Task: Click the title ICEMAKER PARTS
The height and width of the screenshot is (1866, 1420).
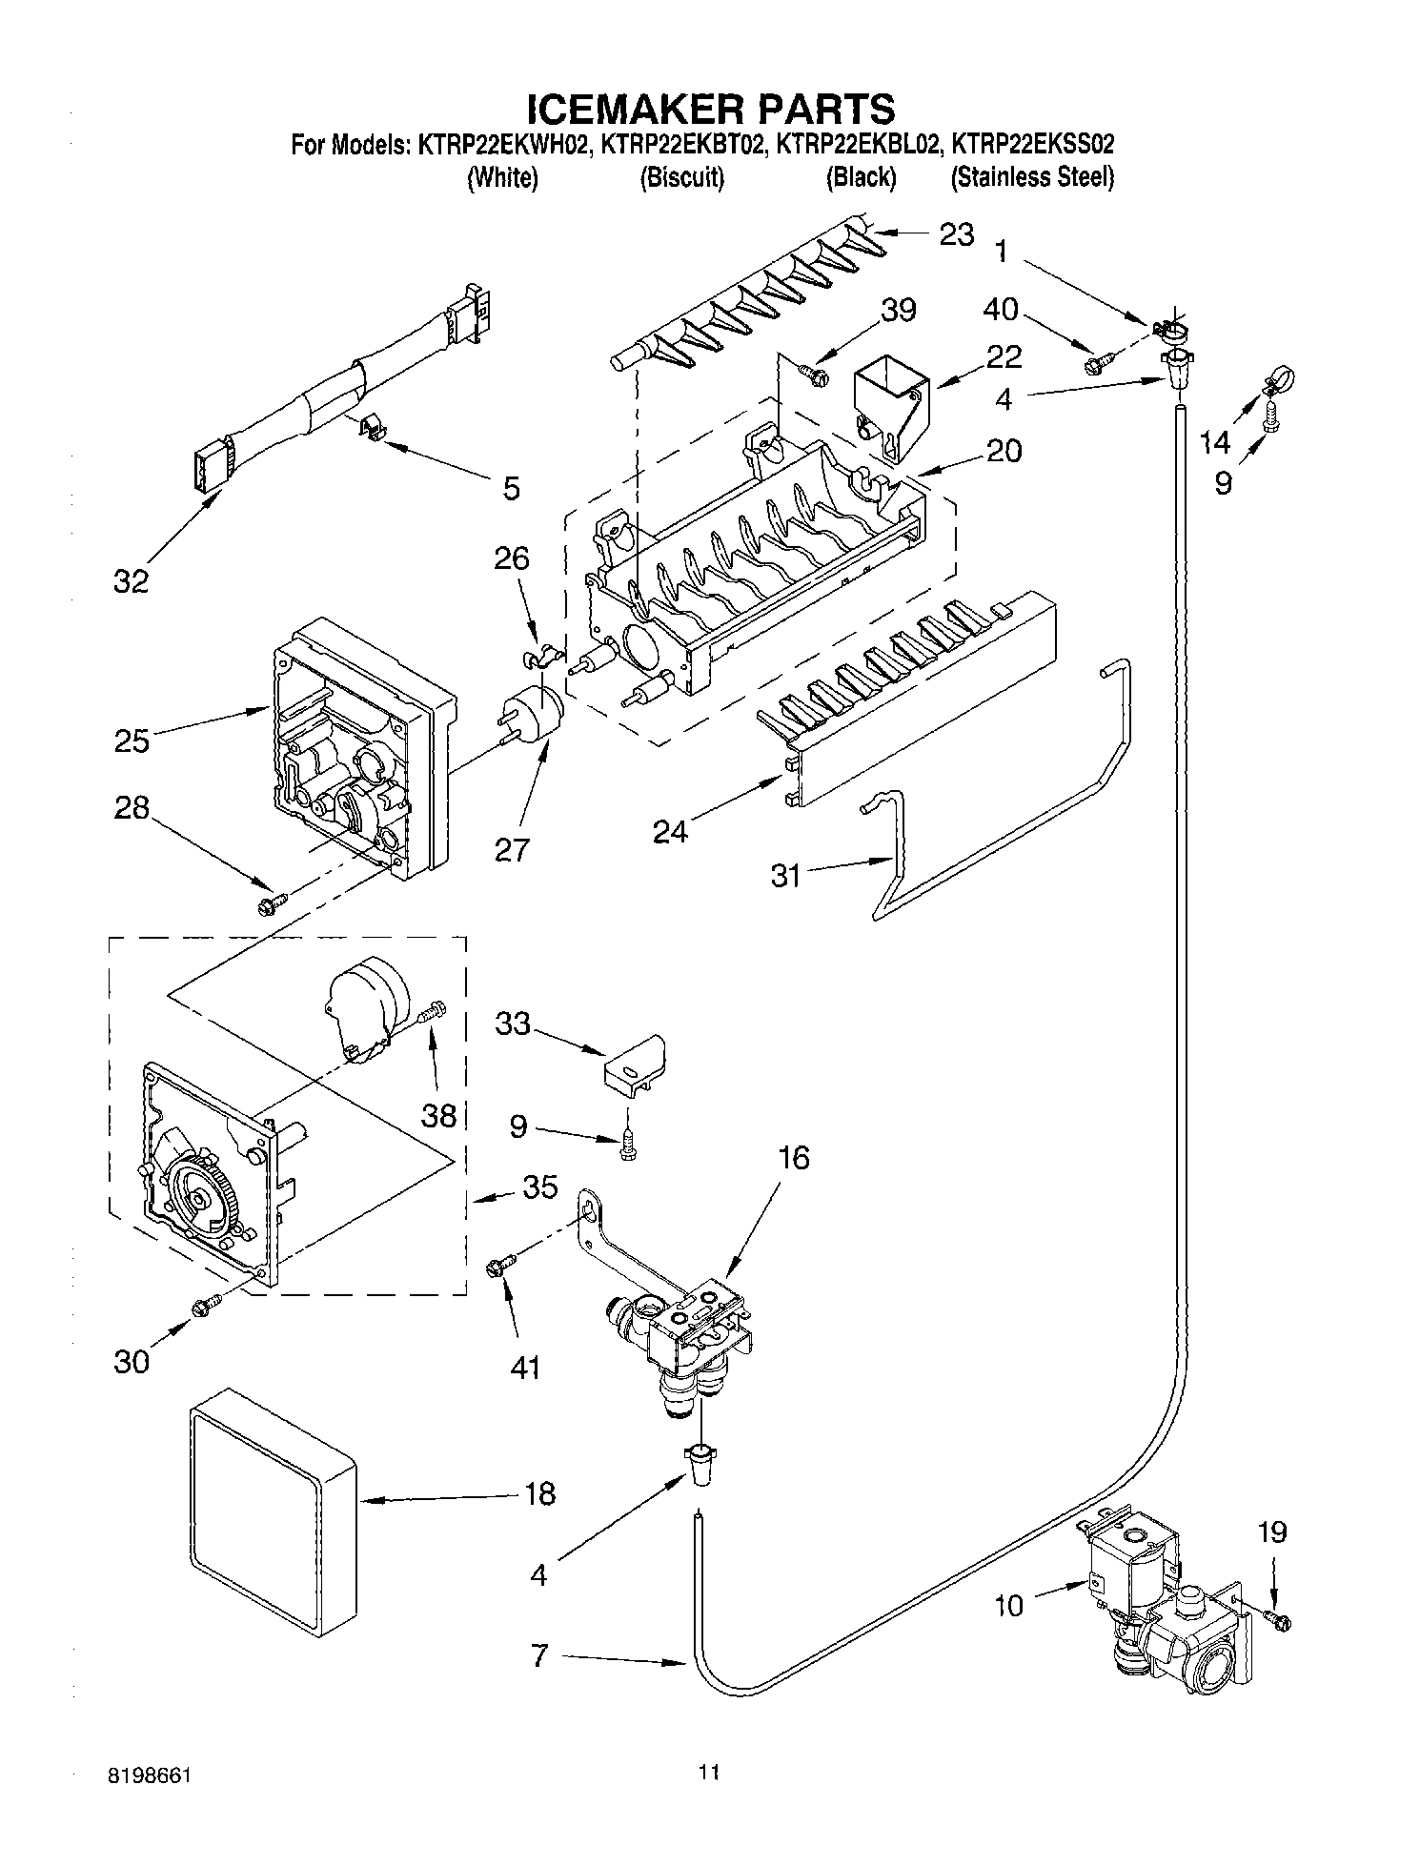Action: (x=711, y=108)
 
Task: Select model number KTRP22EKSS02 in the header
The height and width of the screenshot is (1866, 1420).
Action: (x=1033, y=145)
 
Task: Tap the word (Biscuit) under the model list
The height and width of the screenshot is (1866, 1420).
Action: (x=681, y=177)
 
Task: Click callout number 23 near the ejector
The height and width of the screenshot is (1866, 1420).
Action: (x=957, y=234)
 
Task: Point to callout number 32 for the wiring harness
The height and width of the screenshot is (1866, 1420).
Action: (x=132, y=580)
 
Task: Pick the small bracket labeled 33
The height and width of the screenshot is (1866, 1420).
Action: (x=635, y=1063)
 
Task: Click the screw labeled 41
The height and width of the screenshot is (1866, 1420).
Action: (x=498, y=1265)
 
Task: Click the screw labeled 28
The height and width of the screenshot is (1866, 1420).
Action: (x=272, y=902)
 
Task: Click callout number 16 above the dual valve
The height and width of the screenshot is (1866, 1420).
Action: (x=793, y=1158)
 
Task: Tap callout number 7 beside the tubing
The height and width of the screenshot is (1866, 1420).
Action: (x=539, y=1656)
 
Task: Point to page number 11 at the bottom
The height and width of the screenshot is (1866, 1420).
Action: (x=708, y=1773)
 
